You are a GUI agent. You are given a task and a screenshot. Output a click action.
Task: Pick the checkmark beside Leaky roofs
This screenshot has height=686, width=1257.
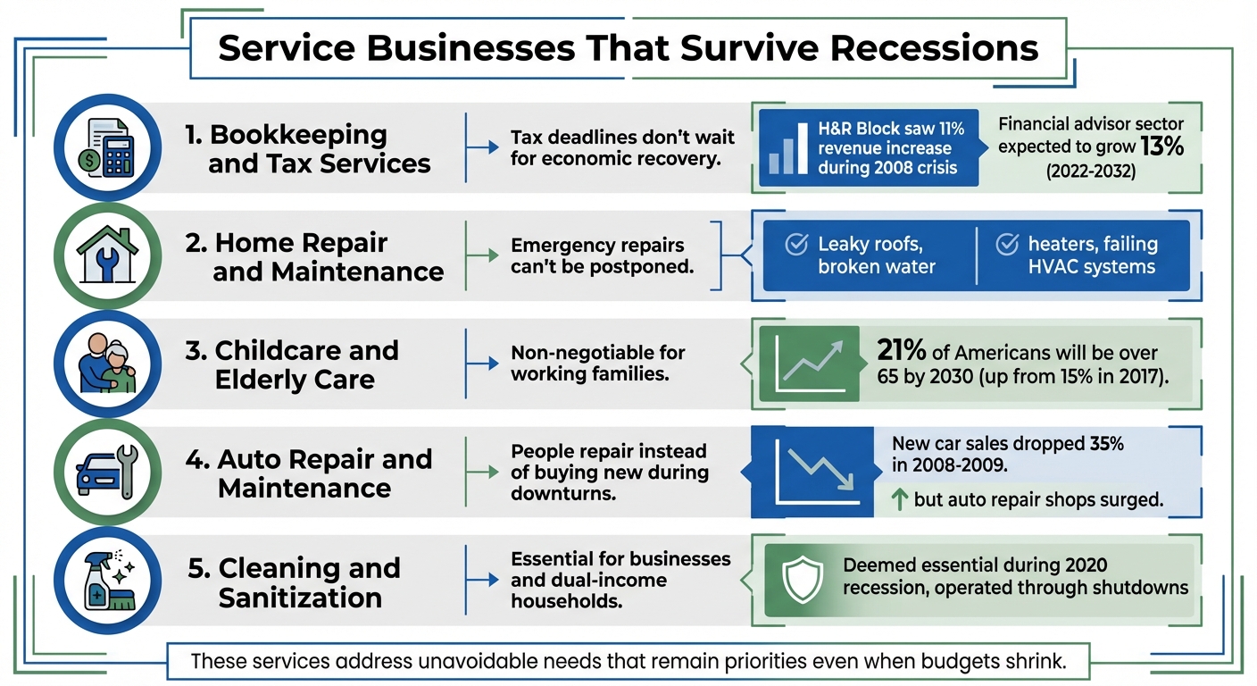tap(795, 245)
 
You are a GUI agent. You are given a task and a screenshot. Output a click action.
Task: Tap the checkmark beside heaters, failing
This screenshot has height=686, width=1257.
tap(1007, 245)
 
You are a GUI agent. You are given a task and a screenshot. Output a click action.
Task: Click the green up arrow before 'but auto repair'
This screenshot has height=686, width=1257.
tap(901, 500)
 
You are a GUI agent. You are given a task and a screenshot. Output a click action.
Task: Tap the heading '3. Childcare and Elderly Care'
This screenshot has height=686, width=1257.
tap(292, 364)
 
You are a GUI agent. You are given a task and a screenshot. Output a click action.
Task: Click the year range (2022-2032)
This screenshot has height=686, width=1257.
tap(1091, 171)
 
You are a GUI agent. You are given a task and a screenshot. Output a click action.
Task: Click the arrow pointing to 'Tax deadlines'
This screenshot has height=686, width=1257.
tap(484, 148)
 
